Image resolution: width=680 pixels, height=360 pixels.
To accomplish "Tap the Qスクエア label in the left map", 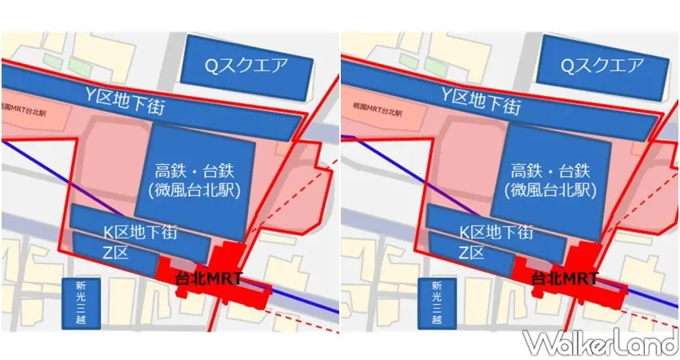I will [245, 66].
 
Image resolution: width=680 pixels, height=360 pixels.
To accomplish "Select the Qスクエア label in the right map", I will [600, 66].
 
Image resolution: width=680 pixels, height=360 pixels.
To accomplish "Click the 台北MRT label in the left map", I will [210, 279].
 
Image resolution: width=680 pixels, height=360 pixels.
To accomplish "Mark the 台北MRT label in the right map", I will [565, 279].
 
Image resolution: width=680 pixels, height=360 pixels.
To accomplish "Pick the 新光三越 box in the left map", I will [78, 303].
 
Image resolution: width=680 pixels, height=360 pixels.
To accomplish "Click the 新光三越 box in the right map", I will [435, 303].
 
